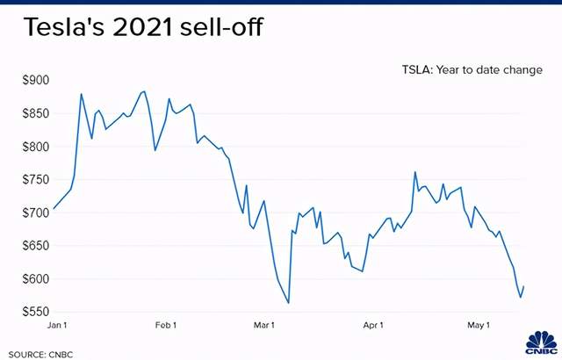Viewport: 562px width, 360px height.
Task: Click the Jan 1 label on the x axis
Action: point(57,326)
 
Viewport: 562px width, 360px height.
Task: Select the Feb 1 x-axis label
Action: point(166,326)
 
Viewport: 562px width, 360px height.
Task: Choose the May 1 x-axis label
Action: point(477,326)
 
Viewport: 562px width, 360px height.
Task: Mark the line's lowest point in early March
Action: point(288,303)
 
